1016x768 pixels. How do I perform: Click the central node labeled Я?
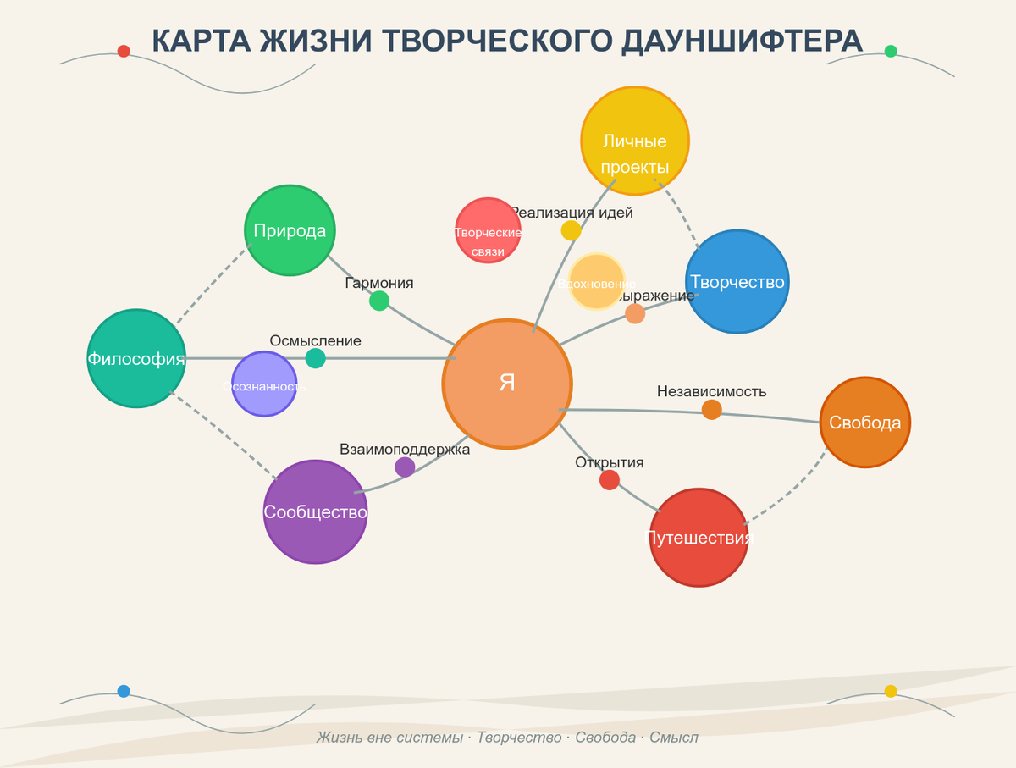click(507, 384)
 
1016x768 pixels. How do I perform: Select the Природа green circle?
click(290, 230)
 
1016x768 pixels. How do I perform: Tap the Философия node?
click(136, 358)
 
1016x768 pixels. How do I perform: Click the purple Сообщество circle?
click(315, 511)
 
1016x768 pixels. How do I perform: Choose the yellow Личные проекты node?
click(635, 141)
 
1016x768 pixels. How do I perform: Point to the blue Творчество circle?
click(737, 281)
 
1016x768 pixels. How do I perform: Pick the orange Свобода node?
click(865, 422)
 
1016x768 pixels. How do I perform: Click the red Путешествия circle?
click(699, 537)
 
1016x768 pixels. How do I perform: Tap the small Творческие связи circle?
click(488, 230)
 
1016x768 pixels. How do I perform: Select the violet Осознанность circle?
click(264, 384)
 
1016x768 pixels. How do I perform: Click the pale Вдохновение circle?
click(597, 282)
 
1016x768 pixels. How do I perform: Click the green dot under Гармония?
click(379, 301)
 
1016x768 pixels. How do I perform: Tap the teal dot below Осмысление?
click(315, 358)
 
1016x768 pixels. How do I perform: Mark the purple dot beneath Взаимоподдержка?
click(405, 467)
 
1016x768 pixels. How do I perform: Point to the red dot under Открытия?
click(610, 480)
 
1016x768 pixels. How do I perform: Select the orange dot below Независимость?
click(712, 410)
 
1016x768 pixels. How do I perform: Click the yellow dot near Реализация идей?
click(571, 230)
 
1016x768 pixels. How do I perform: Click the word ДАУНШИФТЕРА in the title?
click(743, 41)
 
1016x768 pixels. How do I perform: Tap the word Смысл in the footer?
click(674, 737)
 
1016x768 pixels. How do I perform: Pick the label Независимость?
click(711, 391)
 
